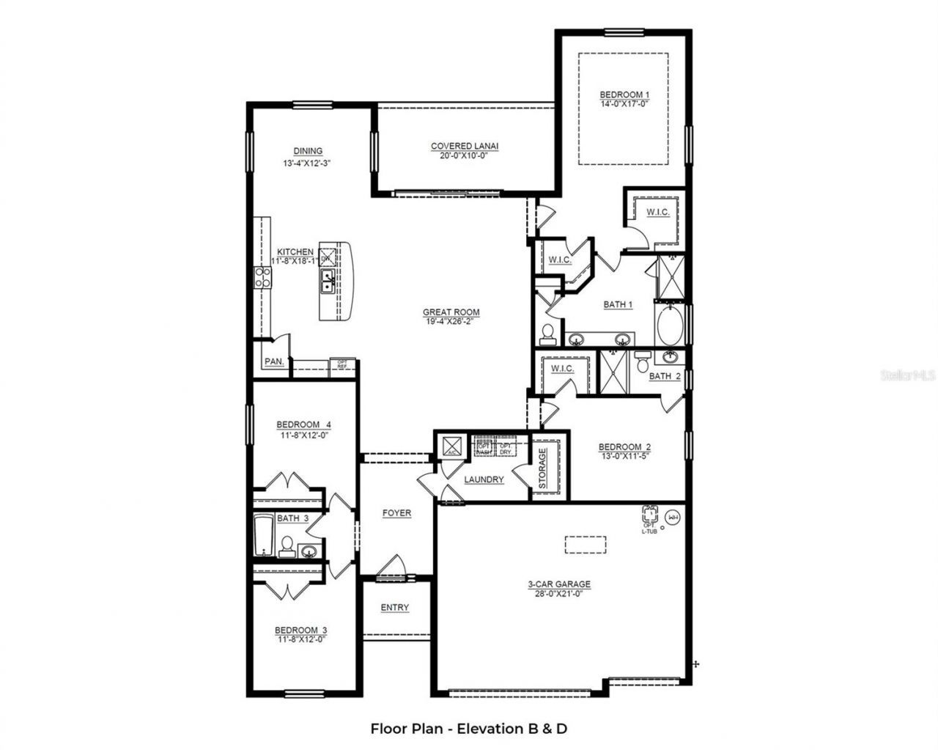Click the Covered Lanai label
pyautogui.click(x=464, y=147)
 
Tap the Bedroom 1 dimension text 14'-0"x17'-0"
pyautogui.click(x=624, y=104)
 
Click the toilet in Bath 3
pyautogui.click(x=287, y=546)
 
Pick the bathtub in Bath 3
pyautogui.click(x=263, y=536)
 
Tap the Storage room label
pyautogui.click(x=542, y=469)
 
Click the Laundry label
pyautogui.click(x=484, y=479)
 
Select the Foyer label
pyautogui.click(x=396, y=513)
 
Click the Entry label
pyautogui.click(x=395, y=608)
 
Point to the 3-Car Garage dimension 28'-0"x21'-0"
pyautogui.click(x=559, y=594)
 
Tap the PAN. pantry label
pyautogui.click(x=273, y=361)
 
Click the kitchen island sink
pyautogui.click(x=328, y=278)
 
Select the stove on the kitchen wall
pyautogui.click(x=262, y=276)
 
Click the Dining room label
pyautogui.click(x=308, y=151)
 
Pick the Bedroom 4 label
pyautogui.click(x=303, y=424)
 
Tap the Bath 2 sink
pyautogui.click(x=670, y=357)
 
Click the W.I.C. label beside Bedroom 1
pyautogui.click(x=657, y=213)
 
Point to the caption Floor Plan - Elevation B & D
pyautogui.click(x=469, y=729)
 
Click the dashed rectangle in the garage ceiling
pyautogui.click(x=586, y=545)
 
